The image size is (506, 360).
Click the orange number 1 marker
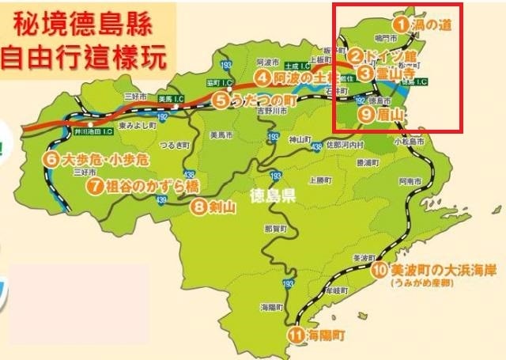click(402, 25)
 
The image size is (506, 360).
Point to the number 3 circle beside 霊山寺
click(364, 73)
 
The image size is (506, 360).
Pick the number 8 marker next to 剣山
click(198, 208)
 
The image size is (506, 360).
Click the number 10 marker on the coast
click(379, 270)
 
